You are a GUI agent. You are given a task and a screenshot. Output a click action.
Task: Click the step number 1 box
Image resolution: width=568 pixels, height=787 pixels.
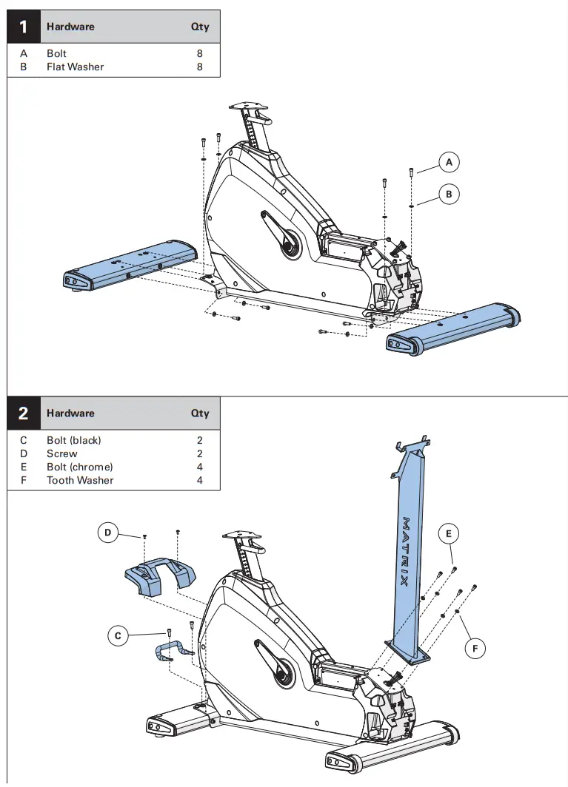coord(23,27)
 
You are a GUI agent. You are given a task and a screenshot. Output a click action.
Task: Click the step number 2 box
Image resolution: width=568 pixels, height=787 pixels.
coord(23,413)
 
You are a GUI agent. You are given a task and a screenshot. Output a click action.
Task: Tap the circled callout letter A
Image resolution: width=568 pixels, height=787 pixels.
coord(448,161)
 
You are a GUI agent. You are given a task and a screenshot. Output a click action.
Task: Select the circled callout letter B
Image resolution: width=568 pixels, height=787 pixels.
coord(448,195)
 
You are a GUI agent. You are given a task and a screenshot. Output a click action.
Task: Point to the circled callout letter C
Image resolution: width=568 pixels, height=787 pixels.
coord(118,635)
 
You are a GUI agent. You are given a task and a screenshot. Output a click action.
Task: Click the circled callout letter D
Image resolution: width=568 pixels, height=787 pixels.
coord(108,532)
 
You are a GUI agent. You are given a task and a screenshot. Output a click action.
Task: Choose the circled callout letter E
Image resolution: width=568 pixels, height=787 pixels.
coord(448,533)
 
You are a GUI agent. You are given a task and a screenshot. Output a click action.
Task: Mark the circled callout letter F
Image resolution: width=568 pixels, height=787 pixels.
coord(475,649)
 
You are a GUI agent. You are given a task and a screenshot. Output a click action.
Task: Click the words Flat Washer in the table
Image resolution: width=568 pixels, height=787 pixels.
coord(75,67)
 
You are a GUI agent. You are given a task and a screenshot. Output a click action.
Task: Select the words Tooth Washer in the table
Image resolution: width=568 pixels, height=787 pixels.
coord(80,480)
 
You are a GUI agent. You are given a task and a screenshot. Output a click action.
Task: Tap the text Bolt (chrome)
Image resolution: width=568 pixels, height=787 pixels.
coord(80,467)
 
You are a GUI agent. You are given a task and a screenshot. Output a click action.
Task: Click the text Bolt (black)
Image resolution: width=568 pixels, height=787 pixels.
coord(74,440)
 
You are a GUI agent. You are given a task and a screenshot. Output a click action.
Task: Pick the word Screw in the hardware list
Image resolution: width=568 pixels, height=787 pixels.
coord(62,453)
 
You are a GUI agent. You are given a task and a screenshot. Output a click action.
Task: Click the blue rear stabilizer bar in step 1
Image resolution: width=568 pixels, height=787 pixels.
coord(130,265)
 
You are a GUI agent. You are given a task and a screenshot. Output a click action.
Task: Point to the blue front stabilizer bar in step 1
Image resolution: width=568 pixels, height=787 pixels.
coord(453,326)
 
